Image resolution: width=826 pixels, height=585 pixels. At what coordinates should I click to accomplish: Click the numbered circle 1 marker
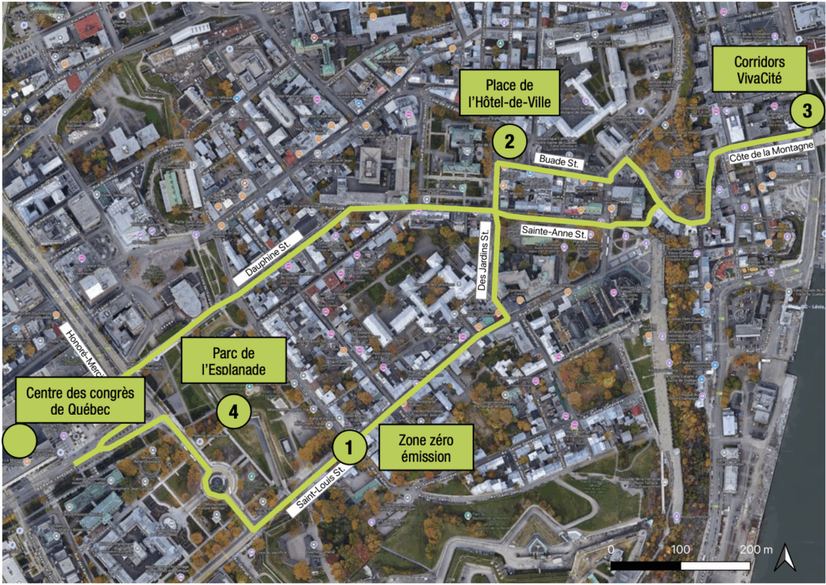[x=348, y=445]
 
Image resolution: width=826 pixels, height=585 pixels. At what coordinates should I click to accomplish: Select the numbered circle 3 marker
[x=806, y=111]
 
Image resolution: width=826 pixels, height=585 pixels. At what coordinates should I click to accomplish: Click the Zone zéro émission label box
[x=425, y=447]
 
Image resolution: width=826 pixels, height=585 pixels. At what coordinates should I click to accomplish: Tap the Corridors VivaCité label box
[x=758, y=70]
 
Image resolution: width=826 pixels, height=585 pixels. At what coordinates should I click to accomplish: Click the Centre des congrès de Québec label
[x=80, y=401]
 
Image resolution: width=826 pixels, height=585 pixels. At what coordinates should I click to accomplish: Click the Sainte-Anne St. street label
[x=553, y=232]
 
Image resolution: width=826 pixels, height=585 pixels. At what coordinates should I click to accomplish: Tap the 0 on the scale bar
[x=611, y=549]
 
